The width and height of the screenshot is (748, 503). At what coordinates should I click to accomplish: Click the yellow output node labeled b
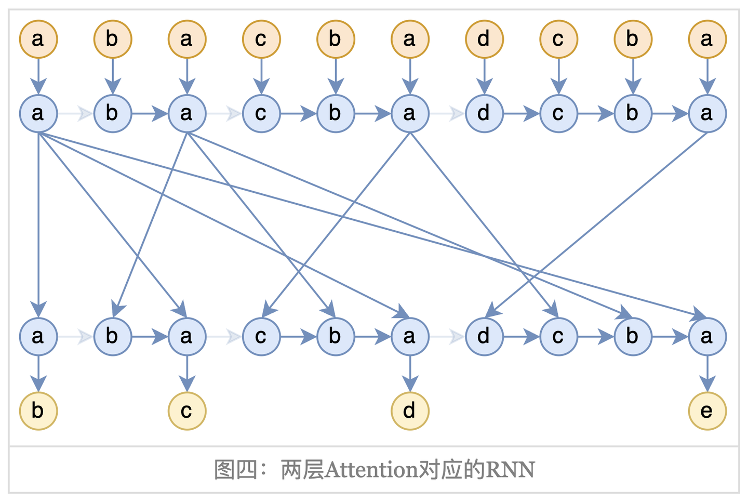click(38, 411)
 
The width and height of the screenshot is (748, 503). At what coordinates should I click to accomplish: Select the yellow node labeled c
click(187, 411)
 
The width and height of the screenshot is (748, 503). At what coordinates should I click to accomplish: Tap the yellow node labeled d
click(410, 411)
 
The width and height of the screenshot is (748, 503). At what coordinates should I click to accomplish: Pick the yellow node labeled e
click(707, 411)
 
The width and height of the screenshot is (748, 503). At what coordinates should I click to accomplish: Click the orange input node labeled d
click(484, 39)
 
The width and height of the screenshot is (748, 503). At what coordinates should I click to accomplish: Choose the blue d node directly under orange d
click(484, 113)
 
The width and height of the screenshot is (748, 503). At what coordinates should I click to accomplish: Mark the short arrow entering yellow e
click(707, 374)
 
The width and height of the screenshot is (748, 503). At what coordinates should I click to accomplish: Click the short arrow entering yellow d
click(410, 374)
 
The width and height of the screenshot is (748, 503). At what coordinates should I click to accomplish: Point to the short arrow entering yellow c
click(187, 374)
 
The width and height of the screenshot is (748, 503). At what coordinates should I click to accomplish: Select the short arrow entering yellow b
click(38, 374)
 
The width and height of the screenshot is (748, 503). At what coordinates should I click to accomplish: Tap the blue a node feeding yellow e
click(707, 337)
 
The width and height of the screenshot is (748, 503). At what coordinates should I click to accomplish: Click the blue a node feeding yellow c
click(187, 337)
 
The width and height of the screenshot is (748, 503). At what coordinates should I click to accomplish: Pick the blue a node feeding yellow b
click(38, 337)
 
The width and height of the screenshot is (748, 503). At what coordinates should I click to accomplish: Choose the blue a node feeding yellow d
click(410, 337)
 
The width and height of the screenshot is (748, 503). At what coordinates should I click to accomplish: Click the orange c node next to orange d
click(558, 39)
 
